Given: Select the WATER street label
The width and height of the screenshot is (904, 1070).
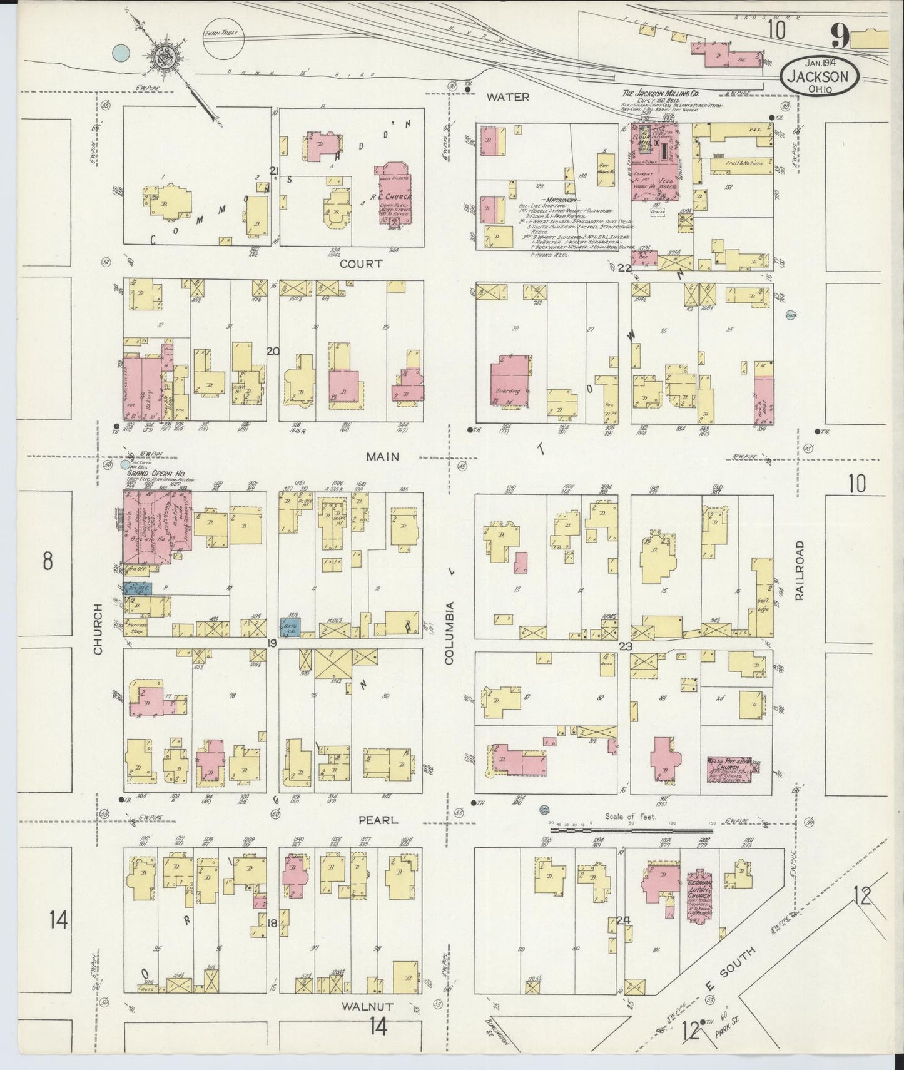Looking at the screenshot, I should (509, 97).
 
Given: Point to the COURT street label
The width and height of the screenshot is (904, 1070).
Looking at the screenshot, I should (361, 264).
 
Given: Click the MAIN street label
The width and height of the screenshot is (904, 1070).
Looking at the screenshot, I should (383, 457).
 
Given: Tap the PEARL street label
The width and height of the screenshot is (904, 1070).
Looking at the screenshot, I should (378, 819).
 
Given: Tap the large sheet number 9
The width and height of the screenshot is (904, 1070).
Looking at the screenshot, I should (840, 39).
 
